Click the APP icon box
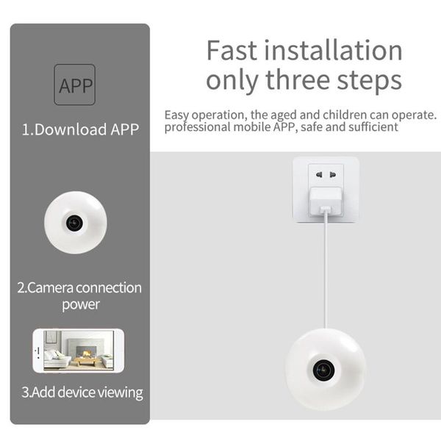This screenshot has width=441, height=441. tap(75, 85)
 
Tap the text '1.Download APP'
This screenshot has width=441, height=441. tap(79, 130)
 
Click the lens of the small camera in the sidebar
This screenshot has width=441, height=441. tap(73, 221)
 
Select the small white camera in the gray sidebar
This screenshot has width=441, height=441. tap(75, 222)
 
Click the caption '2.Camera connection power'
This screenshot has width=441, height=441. tap(79, 295)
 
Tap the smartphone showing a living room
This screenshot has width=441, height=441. tap(79, 350)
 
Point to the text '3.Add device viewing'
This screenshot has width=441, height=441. tap(81, 392)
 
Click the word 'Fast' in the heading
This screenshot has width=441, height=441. tap(232, 51)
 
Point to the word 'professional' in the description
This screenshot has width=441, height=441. tap(192, 126)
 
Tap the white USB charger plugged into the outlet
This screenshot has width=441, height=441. tap(325, 200)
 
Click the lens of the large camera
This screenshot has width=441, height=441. tap(324, 370)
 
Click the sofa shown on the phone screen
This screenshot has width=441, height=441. tap(56, 358)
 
